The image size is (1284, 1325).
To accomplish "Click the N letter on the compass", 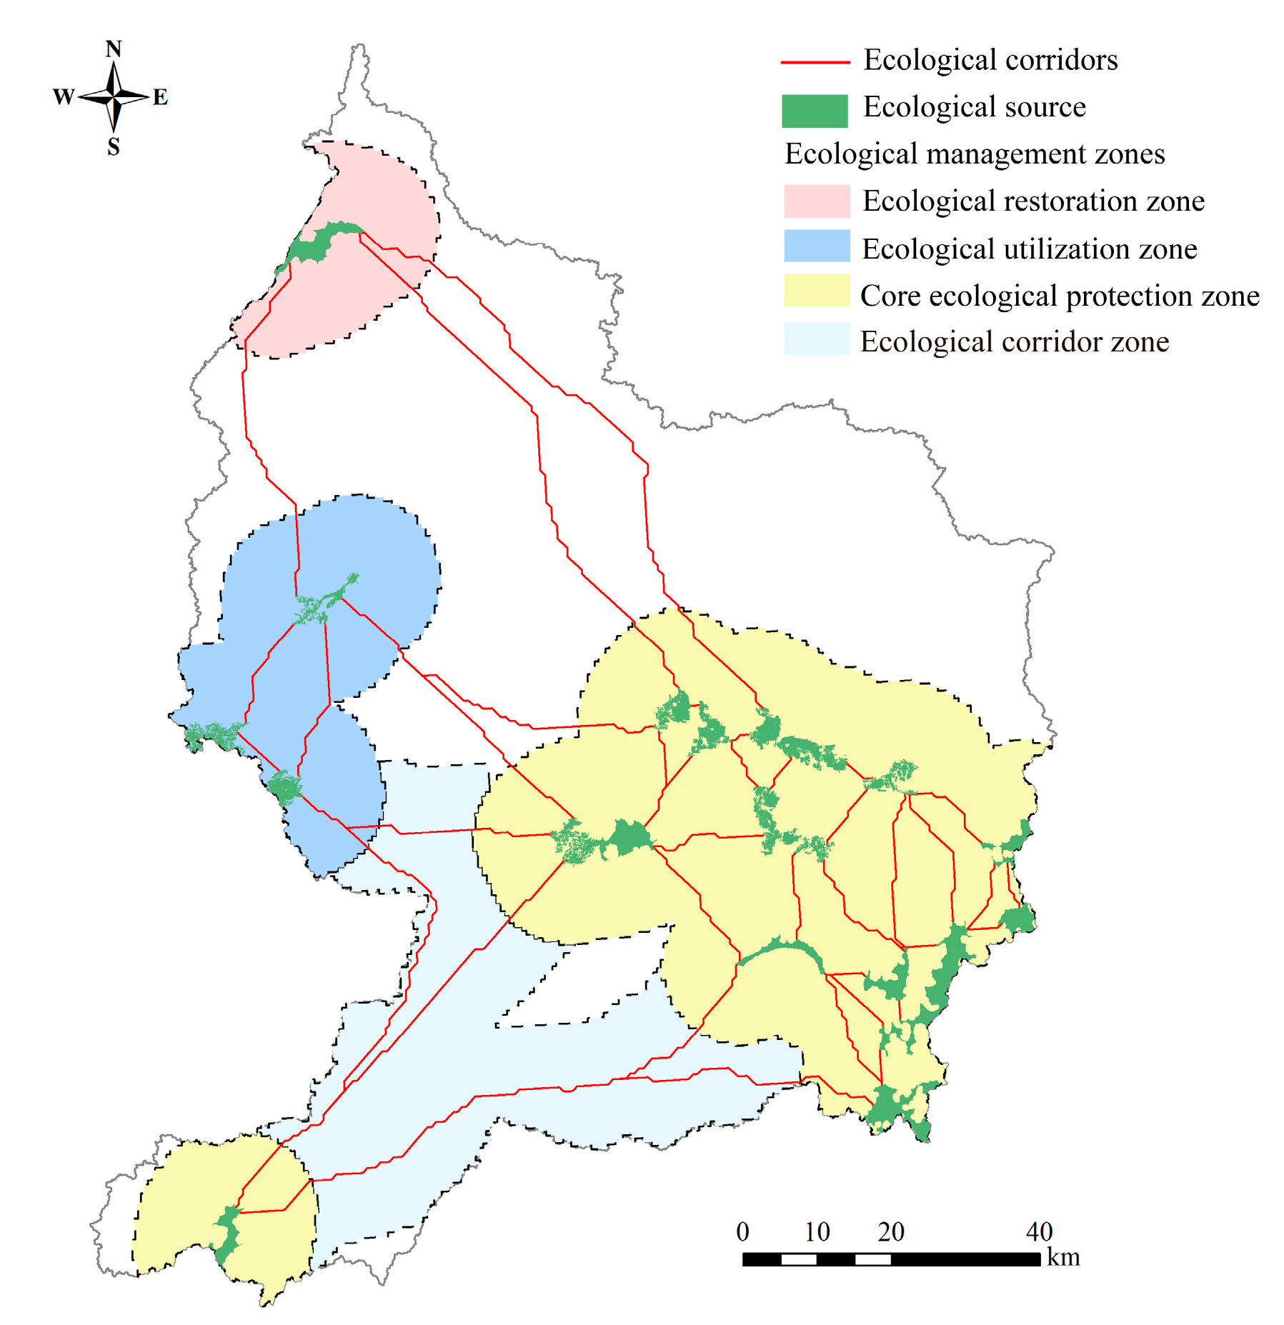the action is coord(114,49).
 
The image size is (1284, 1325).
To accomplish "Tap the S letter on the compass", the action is coord(114,147).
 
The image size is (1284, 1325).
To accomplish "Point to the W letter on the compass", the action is coord(64,96).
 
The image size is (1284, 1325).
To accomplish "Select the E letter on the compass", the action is coord(160,96).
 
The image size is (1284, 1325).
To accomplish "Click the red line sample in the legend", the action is coord(815,63).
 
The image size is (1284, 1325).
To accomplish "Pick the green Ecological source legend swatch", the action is coord(815,111).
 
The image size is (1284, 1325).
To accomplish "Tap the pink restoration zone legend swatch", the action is coord(817,201).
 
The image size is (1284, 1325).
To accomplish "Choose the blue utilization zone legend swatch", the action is coord(817,246).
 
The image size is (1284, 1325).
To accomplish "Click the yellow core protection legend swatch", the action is coord(817,291).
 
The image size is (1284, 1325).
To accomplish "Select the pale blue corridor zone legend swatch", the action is coord(817,339).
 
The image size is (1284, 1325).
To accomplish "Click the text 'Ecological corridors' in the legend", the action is coord(990,60).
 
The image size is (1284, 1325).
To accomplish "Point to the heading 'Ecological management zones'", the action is coord(975,154).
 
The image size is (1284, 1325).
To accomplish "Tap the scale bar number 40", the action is coord(1039,1231).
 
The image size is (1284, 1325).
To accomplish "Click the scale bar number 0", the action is coord(742,1231).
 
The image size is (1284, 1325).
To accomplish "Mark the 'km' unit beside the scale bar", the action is coord(1063,1257).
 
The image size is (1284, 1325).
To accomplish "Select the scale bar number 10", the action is coord(817,1231).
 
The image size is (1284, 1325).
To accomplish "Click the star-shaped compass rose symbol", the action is coord(114,96).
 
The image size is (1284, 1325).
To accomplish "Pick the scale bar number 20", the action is coord(891,1231).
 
